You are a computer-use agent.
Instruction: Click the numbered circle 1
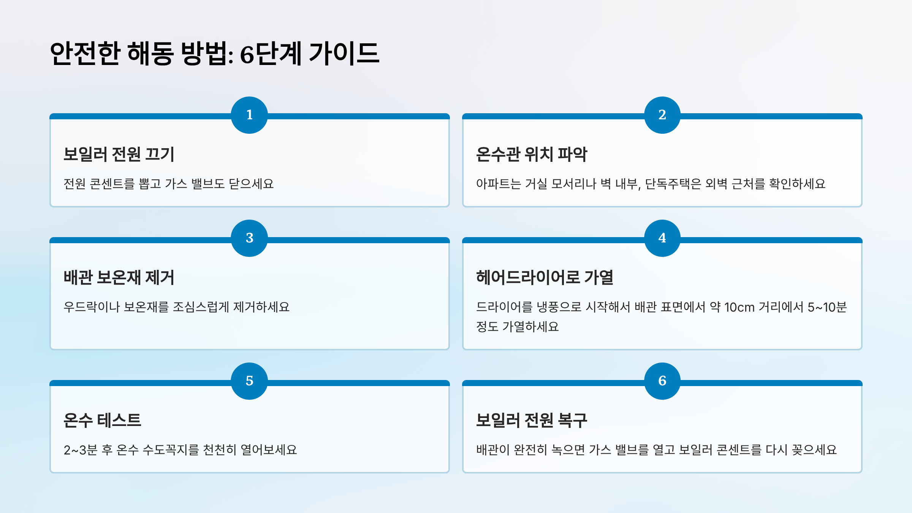pyautogui.click(x=249, y=115)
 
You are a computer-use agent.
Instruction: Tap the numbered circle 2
pyautogui.click(x=662, y=115)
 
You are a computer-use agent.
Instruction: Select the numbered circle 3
pyautogui.click(x=249, y=238)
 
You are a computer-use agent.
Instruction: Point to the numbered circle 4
pyautogui.click(x=662, y=238)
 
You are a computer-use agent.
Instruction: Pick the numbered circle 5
pyautogui.click(x=249, y=381)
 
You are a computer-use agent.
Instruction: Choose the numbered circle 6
pyautogui.click(x=662, y=381)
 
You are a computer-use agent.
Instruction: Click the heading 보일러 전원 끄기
pyautogui.click(x=119, y=154)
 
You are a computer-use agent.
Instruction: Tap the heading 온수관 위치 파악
pyautogui.click(x=531, y=154)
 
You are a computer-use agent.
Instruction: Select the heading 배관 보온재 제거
pyautogui.click(x=119, y=277)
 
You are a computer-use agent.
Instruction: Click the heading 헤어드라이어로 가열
pyautogui.click(x=545, y=277)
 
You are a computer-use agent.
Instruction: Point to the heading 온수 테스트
pyautogui.click(x=102, y=420)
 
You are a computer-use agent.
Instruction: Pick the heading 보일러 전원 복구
pyautogui.click(x=531, y=420)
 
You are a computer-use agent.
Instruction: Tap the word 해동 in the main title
pyautogui.click(x=150, y=54)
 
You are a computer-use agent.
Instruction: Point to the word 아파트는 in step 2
pyautogui.click(x=498, y=184)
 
